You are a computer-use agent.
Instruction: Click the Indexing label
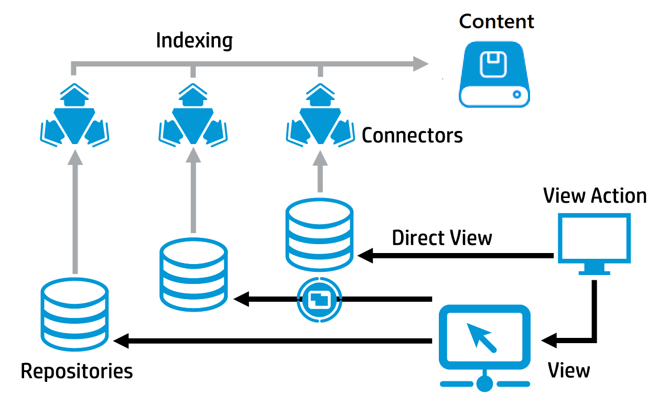click(x=195, y=41)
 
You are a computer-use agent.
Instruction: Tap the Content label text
click(x=497, y=21)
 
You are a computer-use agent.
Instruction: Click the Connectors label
click(x=412, y=136)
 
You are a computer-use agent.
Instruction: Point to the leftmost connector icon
click(x=75, y=115)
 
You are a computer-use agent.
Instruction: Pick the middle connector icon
click(x=193, y=115)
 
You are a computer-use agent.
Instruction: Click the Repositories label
click(x=77, y=371)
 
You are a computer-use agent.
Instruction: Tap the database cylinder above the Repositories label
click(x=75, y=315)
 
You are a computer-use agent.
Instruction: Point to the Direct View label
click(x=442, y=238)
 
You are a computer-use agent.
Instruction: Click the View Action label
click(x=595, y=196)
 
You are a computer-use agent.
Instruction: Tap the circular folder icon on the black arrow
click(x=319, y=299)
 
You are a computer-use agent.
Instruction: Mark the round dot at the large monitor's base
click(x=485, y=383)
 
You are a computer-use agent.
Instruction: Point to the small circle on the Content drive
click(x=517, y=94)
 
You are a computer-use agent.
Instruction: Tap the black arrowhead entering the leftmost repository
click(x=122, y=342)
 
